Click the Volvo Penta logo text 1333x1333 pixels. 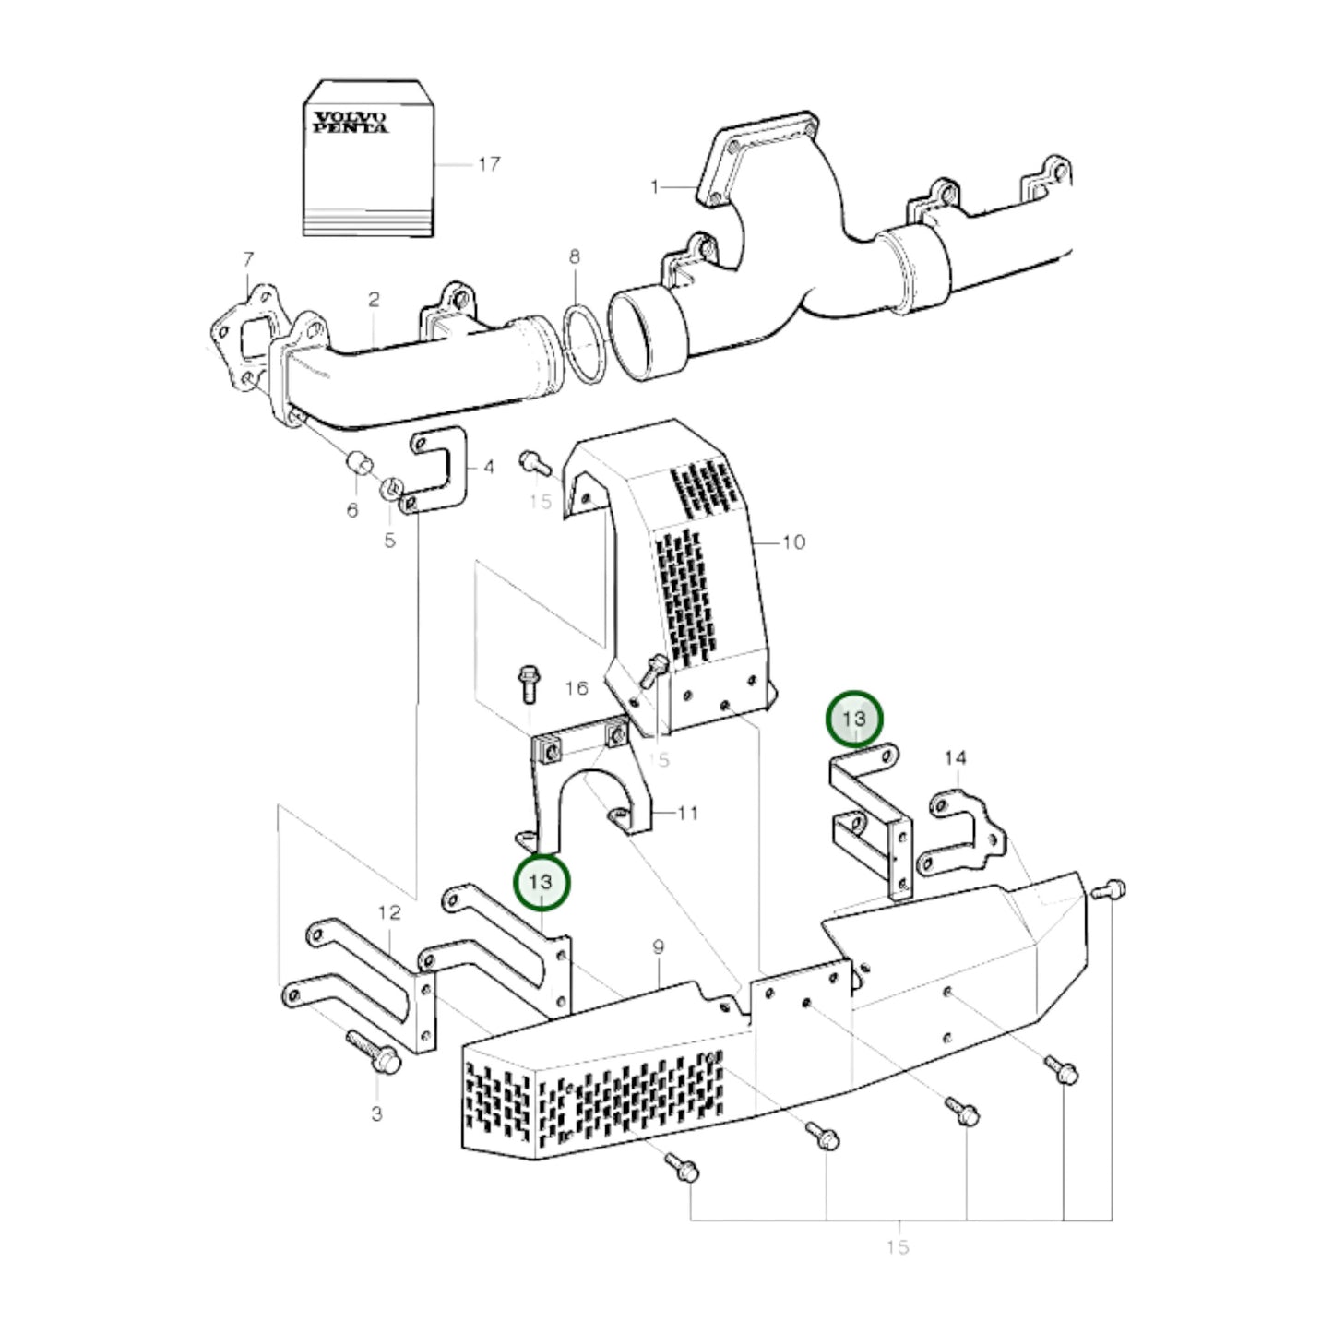coord(350,122)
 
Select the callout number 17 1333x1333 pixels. coord(489,164)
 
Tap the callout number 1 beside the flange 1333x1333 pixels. coord(655,187)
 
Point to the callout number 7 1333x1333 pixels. coord(247,260)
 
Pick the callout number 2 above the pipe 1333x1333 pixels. coord(374,300)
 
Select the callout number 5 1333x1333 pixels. coord(389,540)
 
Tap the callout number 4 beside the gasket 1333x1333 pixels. coord(489,468)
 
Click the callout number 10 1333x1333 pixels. coord(793,542)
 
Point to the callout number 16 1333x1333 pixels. coord(577,688)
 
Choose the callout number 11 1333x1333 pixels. coord(688,814)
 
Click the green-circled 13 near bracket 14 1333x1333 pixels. coord(853,718)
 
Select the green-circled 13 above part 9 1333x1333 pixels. coord(541,882)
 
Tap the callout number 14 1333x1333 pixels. coord(955,758)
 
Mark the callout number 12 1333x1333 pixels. coord(389,913)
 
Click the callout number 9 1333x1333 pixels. coord(658,947)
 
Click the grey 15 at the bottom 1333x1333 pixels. coord(897,1247)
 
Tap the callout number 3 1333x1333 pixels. coord(376,1114)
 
